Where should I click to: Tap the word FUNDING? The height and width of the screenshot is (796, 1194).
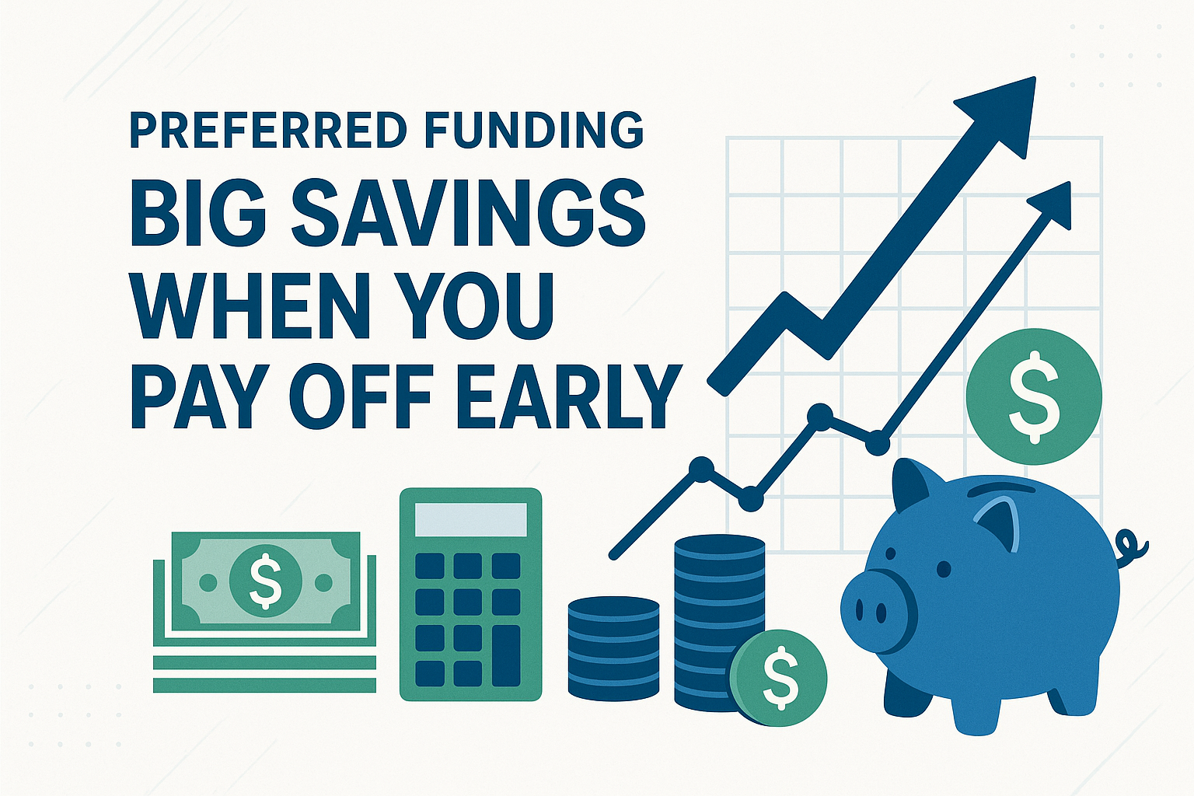click(x=537, y=131)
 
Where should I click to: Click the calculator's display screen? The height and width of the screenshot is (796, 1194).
click(x=470, y=518)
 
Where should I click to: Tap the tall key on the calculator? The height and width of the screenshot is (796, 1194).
click(x=506, y=656)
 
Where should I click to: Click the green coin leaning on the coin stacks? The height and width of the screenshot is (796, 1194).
click(x=779, y=676)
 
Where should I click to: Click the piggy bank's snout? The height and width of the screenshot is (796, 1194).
click(x=875, y=610)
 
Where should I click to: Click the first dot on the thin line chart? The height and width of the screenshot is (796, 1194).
click(x=701, y=468)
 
